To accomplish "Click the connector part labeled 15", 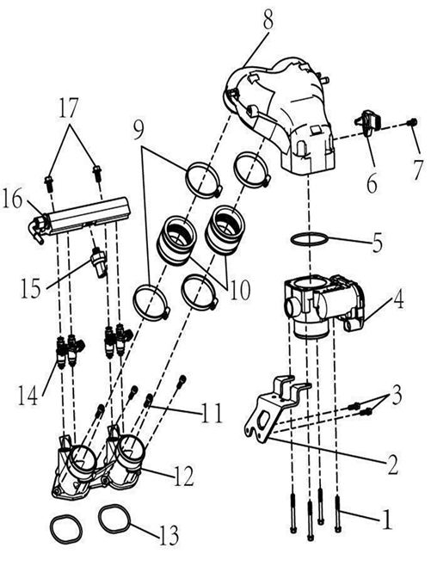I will click(x=98, y=261).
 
